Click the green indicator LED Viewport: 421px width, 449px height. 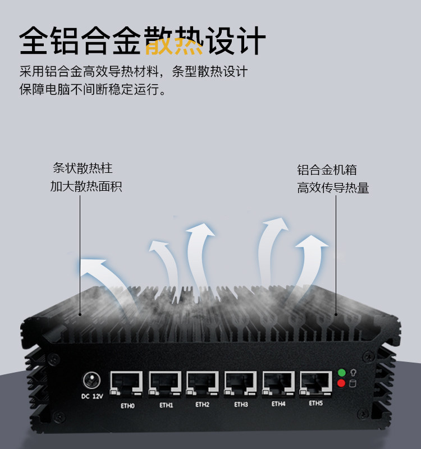tap(341, 372)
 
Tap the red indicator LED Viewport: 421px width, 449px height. tap(341, 384)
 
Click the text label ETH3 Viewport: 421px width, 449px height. tap(241, 404)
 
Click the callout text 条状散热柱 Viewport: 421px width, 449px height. tap(83, 168)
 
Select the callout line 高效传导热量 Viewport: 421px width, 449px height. tap(333, 188)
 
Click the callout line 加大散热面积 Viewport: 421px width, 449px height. tap(86, 186)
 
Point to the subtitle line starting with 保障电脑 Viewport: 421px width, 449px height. tap(93, 90)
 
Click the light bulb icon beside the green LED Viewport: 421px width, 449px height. tap(353, 372)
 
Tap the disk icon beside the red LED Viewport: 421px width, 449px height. tap(353, 384)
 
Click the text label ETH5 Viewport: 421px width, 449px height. tap(316, 403)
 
